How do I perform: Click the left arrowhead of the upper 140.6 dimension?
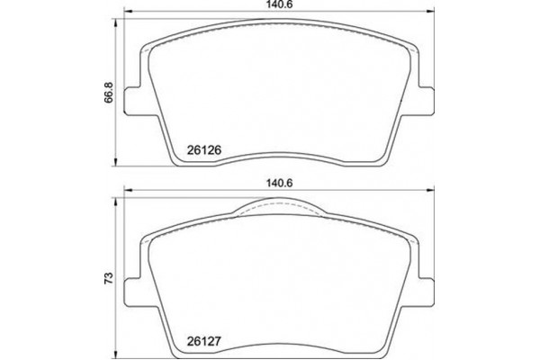(125, 13)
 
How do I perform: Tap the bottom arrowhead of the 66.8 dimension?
(117, 165)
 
